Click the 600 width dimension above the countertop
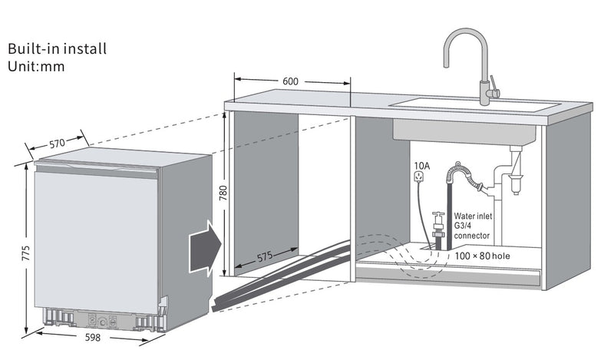click(x=290, y=81)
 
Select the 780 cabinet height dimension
click(x=223, y=193)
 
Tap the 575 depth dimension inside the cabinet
click(x=265, y=257)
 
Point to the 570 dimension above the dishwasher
click(x=57, y=144)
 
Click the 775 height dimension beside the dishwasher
click(x=25, y=253)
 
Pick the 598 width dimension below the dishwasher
click(x=93, y=337)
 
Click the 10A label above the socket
click(x=421, y=166)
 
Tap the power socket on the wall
click(x=418, y=177)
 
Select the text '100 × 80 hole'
click(x=483, y=256)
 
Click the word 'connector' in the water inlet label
click(x=471, y=236)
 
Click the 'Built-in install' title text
click(x=57, y=48)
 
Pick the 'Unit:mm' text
click(x=36, y=66)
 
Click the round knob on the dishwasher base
click(x=103, y=322)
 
